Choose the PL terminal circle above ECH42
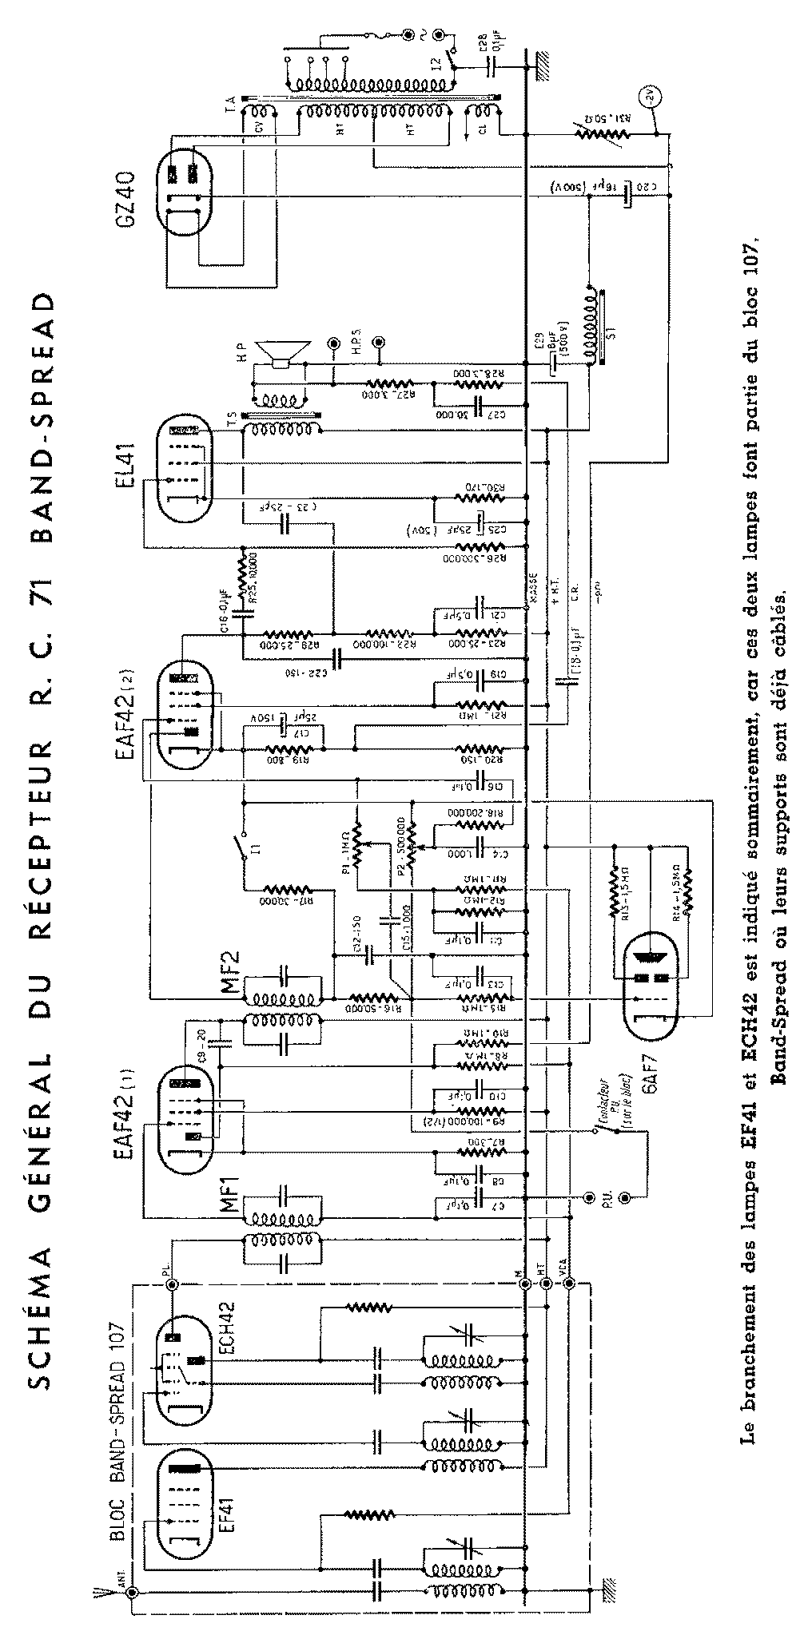point(170,1284)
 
